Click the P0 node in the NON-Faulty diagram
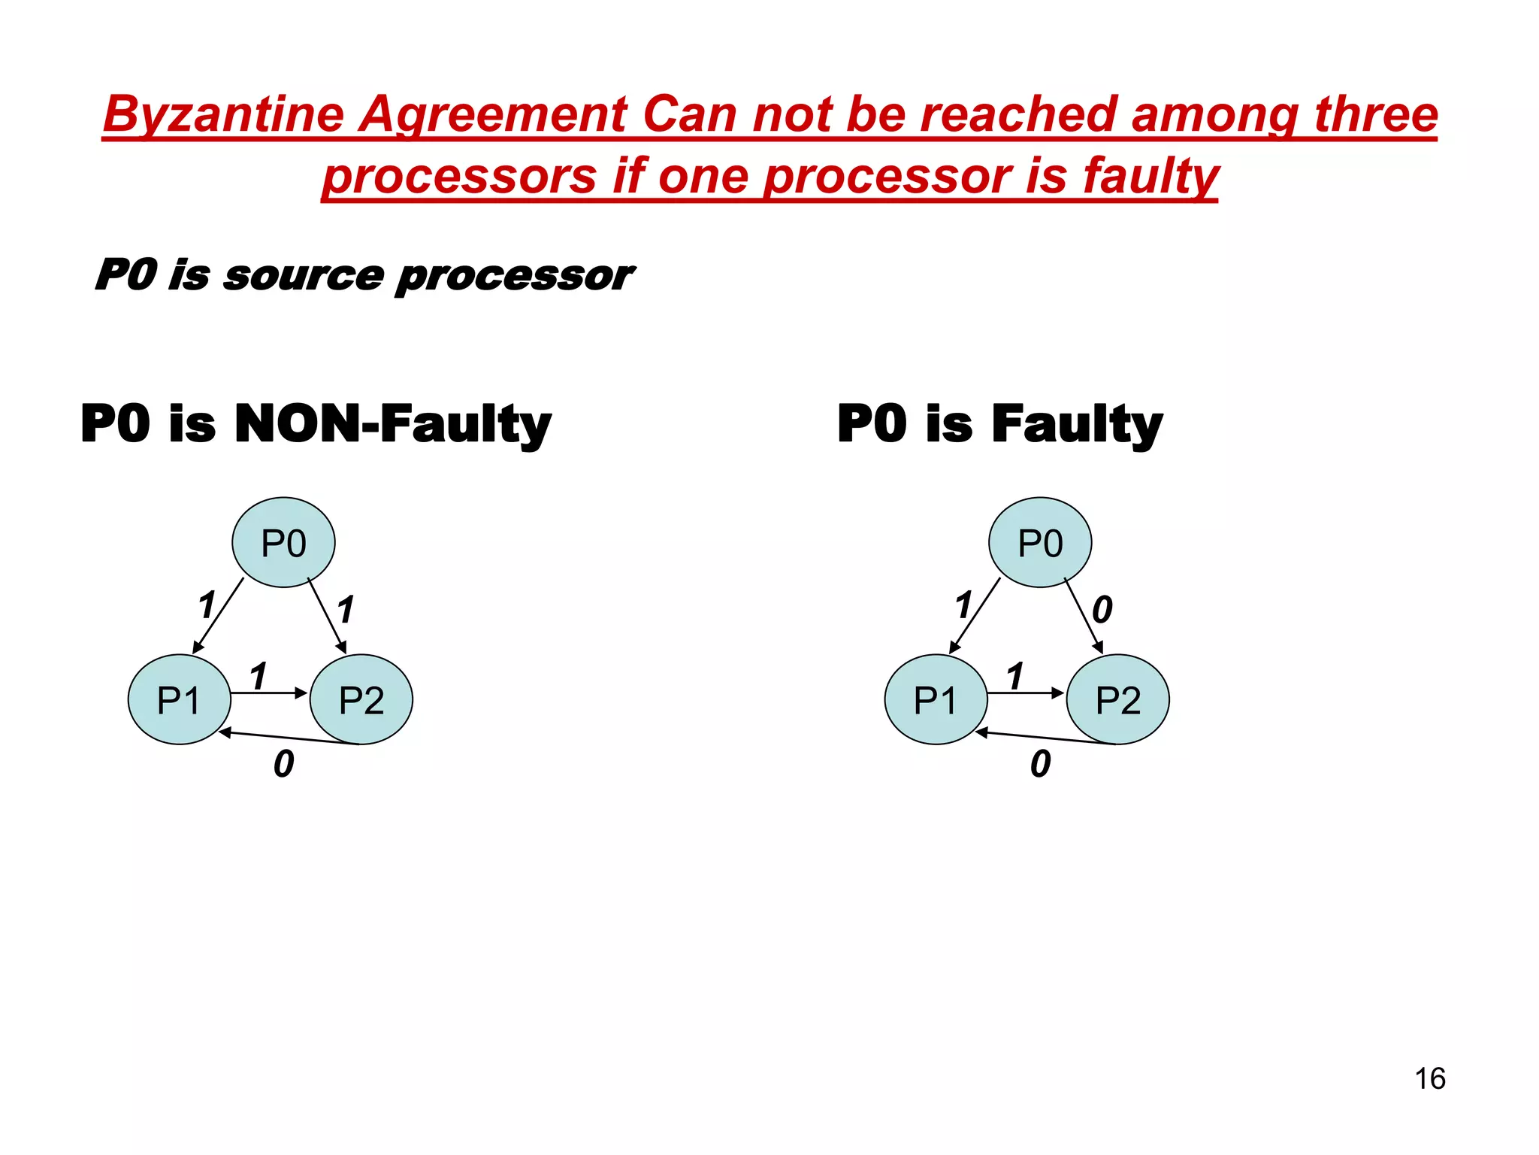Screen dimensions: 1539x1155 (x=283, y=542)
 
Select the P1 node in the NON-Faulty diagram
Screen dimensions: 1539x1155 (x=179, y=699)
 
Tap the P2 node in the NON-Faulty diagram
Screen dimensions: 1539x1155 (x=361, y=699)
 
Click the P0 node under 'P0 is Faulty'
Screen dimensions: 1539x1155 (x=1040, y=542)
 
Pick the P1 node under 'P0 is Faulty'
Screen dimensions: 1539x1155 (x=936, y=699)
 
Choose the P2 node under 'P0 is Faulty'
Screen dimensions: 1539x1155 (x=1118, y=699)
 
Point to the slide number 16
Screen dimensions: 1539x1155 (x=1430, y=1078)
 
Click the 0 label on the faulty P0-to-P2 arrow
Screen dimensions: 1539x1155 (x=1102, y=609)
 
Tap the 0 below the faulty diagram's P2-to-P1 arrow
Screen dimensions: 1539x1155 (x=1040, y=764)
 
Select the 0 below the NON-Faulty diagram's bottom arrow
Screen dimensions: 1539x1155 (x=283, y=764)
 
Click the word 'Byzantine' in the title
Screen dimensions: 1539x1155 (x=223, y=115)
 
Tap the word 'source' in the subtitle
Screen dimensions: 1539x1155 (x=304, y=275)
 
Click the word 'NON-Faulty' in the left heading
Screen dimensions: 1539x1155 (x=392, y=423)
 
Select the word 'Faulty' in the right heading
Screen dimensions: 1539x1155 (x=1077, y=423)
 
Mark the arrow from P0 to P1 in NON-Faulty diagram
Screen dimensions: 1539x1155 (x=218, y=615)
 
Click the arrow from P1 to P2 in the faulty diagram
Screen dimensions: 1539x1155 (x=1025, y=693)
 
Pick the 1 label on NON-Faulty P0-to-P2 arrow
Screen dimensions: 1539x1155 (x=345, y=609)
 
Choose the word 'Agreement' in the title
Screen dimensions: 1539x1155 (x=491, y=115)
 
